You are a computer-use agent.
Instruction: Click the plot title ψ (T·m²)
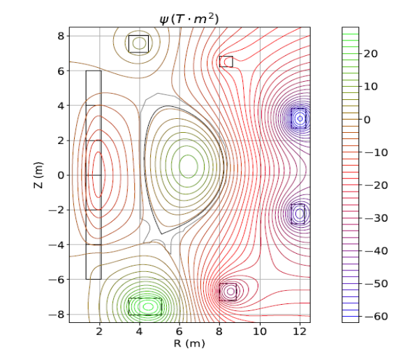pyautogui.click(x=189, y=19)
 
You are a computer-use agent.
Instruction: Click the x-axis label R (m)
pyautogui.click(x=189, y=343)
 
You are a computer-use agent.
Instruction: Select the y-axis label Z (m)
pyautogui.click(x=38, y=175)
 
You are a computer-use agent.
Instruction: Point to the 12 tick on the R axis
pyautogui.click(x=300, y=331)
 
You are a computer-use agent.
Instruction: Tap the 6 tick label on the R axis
pyautogui.click(x=180, y=331)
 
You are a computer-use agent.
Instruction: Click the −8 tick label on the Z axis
pyautogui.click(x=57, y=315)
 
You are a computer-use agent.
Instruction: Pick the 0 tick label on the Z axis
pyautogui.click(x=61, y=175)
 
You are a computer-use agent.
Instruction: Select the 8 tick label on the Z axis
pyautogui.click(x=61, y=36)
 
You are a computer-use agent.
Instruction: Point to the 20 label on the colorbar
pyautogui.click(x=371, y=54)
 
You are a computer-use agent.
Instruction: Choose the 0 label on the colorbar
pyautogui.click(x=367, y=120)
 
